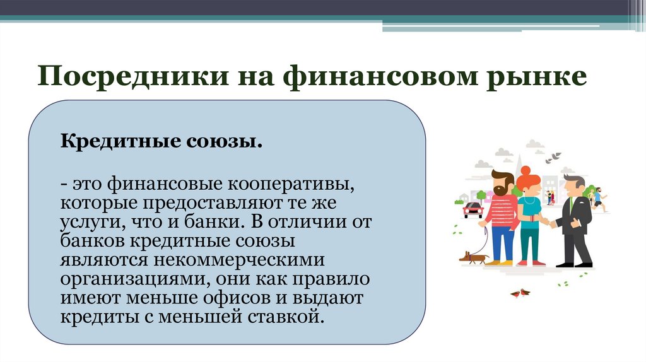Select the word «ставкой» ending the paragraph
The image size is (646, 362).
coord(290,315)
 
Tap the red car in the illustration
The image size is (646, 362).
coord(473,209)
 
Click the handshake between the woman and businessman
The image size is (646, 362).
coord(551,223)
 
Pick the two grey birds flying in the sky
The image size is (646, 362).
coord(555,155)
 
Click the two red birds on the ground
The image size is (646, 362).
coord(520,293)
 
